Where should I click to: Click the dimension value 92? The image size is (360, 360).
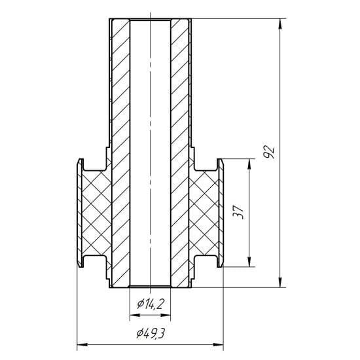coord(269,152)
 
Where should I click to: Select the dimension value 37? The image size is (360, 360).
coord(238,212)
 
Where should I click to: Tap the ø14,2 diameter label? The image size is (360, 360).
coord(151,304)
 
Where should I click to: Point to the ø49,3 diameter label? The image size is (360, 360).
coord(151,333)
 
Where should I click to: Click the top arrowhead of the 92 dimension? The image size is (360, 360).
coord(280,24)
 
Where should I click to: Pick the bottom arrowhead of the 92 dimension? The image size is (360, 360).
coord(280,282)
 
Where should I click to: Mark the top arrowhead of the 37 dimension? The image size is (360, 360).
coord(249,164)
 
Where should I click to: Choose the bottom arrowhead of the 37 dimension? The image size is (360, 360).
coord(249,262)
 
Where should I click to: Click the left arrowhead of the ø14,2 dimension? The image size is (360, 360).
coord(135,315)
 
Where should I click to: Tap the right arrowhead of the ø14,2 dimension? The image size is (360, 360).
coord(166,315)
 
